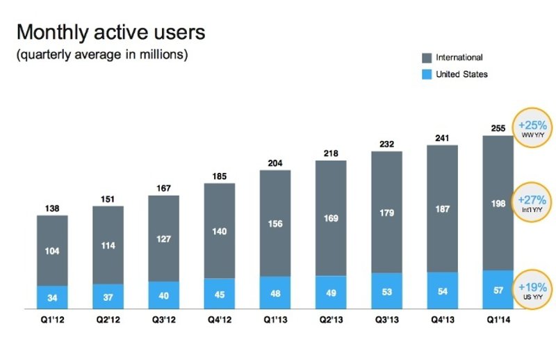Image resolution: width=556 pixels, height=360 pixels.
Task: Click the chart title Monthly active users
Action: [111, 33]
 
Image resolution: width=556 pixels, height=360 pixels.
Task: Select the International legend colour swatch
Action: [426, 58]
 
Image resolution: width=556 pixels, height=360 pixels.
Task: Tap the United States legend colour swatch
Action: [426, 74]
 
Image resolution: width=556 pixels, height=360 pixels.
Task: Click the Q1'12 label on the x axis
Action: [52, 321]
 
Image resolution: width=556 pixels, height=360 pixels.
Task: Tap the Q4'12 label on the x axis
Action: [220, 321]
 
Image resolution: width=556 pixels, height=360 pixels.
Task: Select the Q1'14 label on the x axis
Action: [498, 321]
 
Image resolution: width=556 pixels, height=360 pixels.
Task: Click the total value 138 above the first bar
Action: [52, 208]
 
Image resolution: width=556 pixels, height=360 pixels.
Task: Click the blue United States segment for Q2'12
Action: [108, 296]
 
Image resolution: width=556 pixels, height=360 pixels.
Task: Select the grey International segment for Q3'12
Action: [163, 238]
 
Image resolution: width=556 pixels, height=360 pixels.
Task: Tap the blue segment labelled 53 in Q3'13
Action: [386, 291]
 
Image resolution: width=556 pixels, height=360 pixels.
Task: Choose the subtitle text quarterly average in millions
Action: [101, 55]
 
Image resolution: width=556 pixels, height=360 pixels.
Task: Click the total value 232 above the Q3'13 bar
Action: [386, 143]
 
